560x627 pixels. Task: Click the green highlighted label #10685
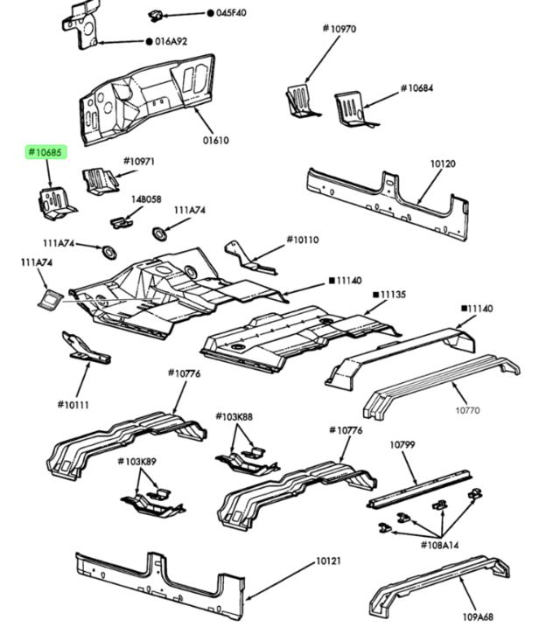45,153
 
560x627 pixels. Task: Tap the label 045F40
230,13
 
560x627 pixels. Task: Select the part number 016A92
170,41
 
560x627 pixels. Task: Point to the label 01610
215,140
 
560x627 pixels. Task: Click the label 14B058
146,199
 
